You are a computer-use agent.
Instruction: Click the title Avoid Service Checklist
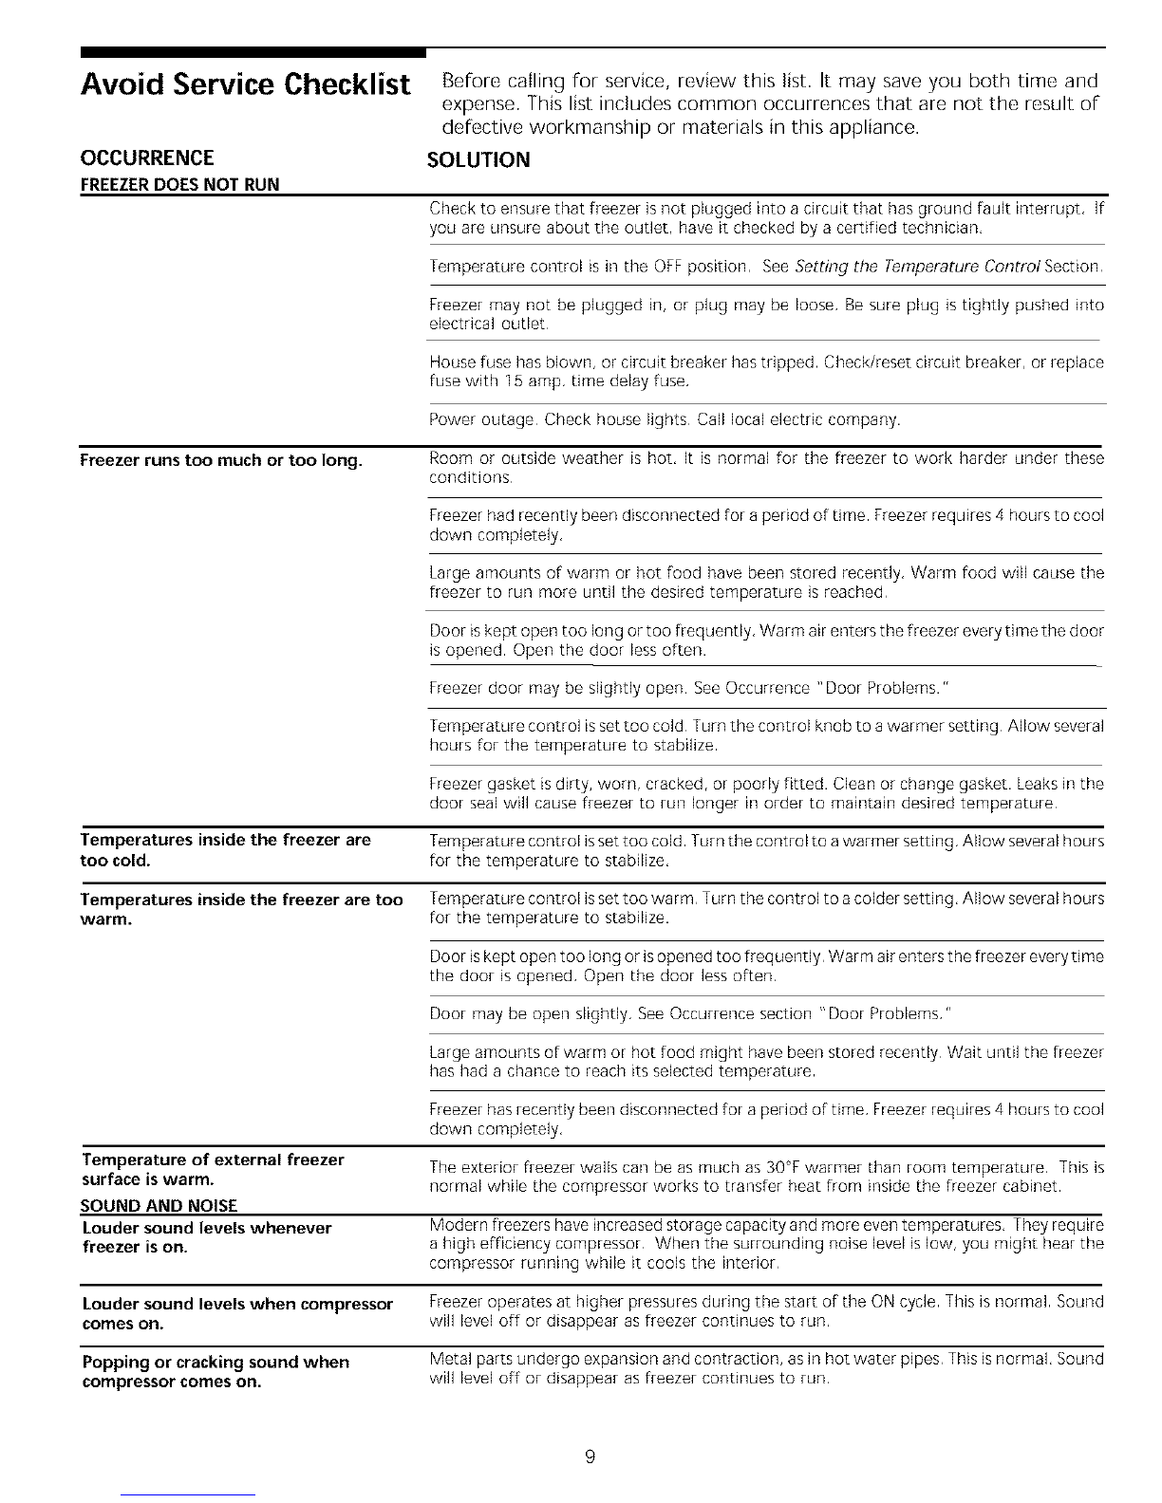click(x=246, y=85)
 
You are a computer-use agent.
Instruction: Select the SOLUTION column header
click(x=478, y=159)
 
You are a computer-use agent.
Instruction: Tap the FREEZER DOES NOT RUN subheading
click(x=179, y=184)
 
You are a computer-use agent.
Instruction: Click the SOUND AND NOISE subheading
click(x=159, y=1205)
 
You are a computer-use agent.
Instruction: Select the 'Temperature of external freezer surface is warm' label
click(x=212, y=1169)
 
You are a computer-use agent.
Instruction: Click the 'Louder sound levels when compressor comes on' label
click(x=236, y=1313)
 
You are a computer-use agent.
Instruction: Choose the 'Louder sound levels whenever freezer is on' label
click(x=206, y=1237)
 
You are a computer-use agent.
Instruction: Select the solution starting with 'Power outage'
click(x=665, y=418)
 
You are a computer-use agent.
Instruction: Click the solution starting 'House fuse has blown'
click(x=765, y=372)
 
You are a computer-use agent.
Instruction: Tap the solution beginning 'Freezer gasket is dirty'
click(x=765, y=794)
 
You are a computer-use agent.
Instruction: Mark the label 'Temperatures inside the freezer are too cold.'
click(x=225, y=850)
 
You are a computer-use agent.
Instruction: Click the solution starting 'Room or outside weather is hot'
click(x=765, y=468)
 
